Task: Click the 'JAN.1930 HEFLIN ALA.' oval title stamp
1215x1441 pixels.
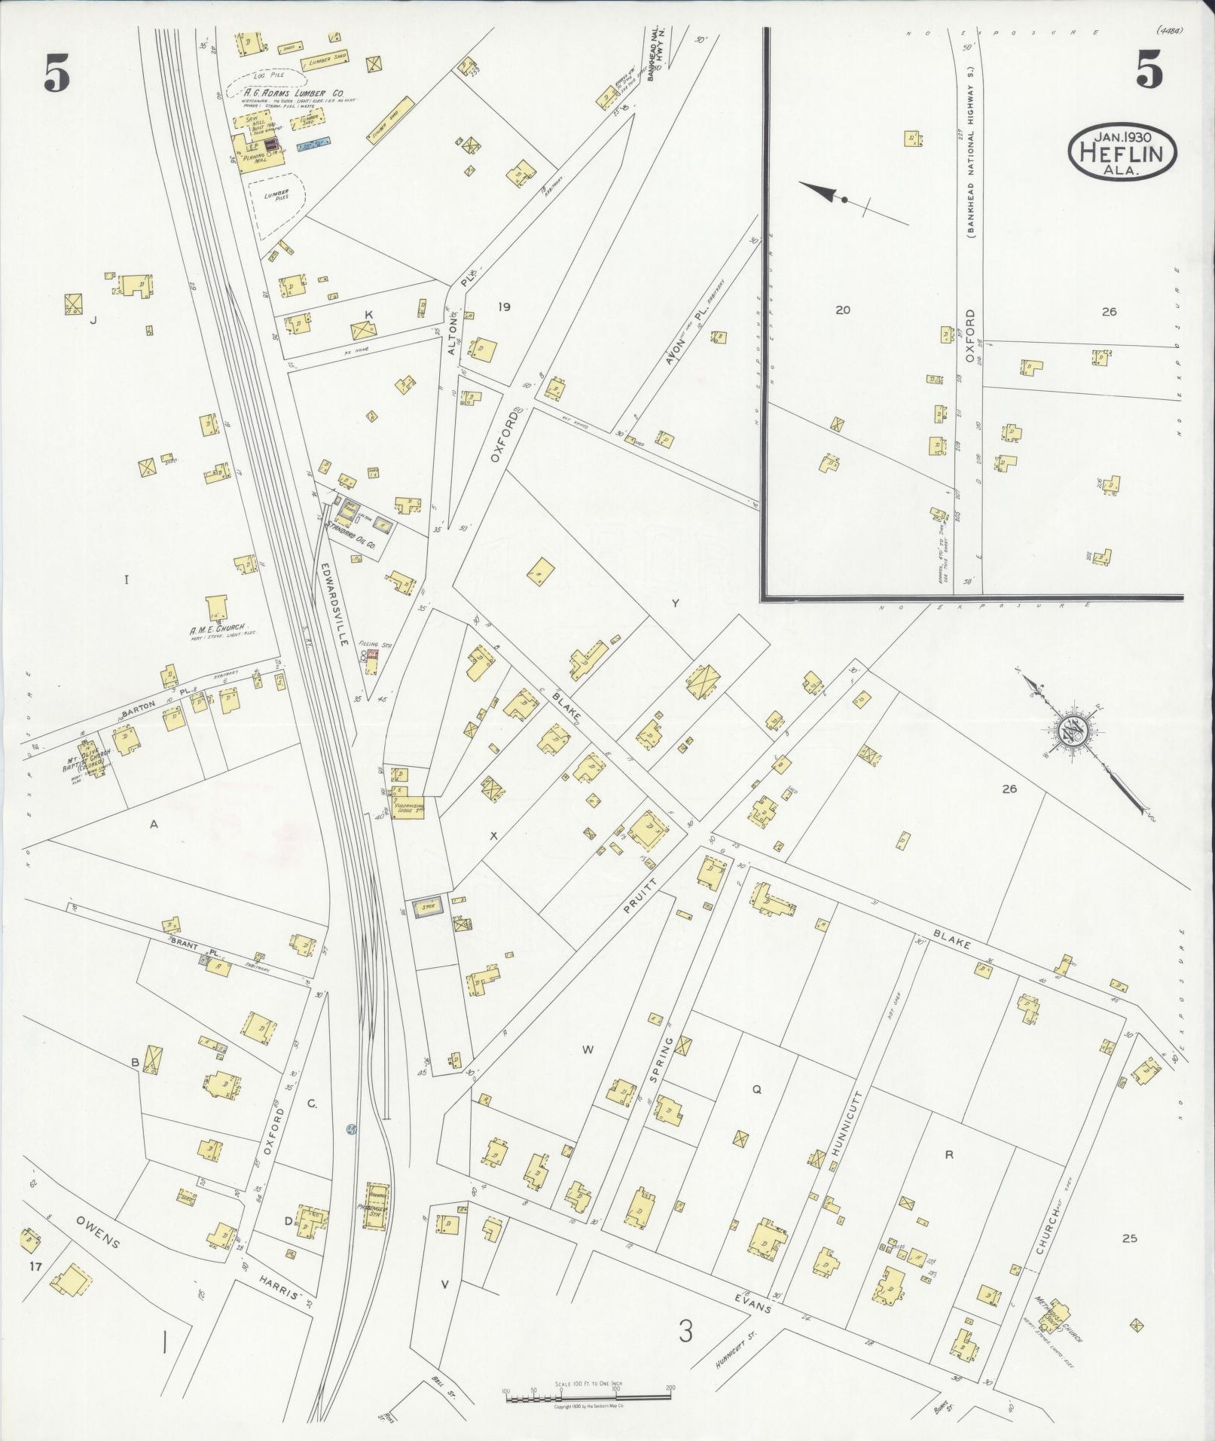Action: (1122, 151)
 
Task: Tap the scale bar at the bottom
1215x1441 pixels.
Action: (588, 1399)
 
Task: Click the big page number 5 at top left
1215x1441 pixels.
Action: (56, 75)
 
